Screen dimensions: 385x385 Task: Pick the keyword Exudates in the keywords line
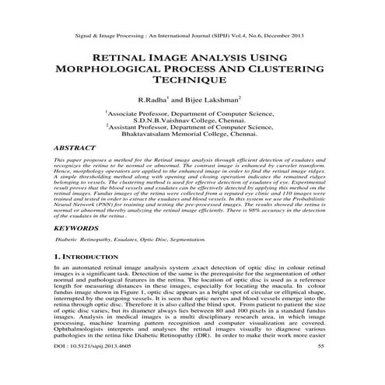(x=128, y=241)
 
